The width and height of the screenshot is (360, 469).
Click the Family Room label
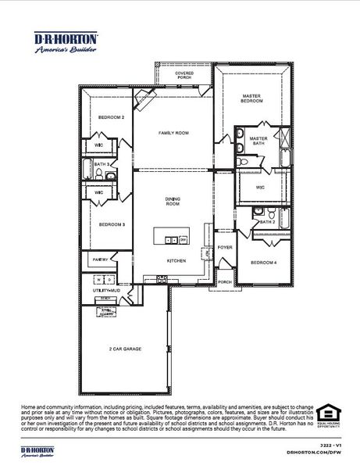coord(173,134)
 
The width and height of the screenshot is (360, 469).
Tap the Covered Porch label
coord(184,76)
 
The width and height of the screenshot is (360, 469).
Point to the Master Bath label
coord(258,141)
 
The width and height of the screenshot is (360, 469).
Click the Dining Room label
coord(173,202)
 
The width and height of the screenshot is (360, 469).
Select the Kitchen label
coord(175,260)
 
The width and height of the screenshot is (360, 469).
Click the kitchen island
coord(171,235)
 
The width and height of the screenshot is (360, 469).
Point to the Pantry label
coord(100,260)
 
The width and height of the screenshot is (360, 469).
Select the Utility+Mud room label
coord(105,290)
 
